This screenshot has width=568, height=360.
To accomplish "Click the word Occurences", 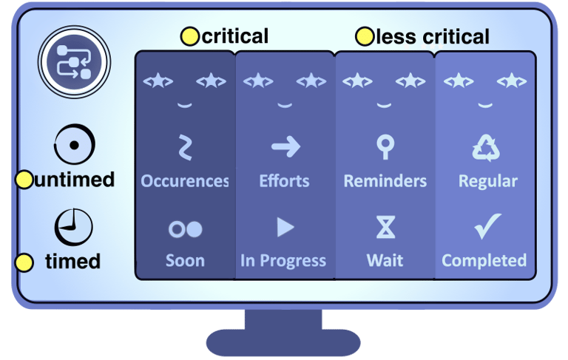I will click(x=185, y=181).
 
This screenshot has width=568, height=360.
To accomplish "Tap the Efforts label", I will click(x=285, y=181).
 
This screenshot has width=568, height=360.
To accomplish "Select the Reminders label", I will click(x=385, y=181).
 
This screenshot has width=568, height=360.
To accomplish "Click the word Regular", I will click(x=487, y=181).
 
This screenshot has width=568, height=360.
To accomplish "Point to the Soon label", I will click(x=185, y=260).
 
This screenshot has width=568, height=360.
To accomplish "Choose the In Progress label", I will click(x=283, y=260).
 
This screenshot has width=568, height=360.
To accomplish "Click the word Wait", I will click(x=385, y=260).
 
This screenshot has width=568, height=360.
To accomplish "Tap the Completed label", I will click(x=484, y=260).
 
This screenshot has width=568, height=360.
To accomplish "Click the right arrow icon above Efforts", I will click(x=285, y=147).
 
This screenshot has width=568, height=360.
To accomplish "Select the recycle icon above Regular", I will click(x=486, y=148).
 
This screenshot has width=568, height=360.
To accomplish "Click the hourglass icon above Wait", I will click(x=385, y=228).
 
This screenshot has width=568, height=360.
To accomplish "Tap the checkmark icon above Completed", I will click(x=487, y=225).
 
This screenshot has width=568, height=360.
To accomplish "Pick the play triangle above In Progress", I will click(x=285, y=227).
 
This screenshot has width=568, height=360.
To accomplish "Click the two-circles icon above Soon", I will click(x=186, y=228).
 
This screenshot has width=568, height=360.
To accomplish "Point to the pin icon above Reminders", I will click(x=385, y=147).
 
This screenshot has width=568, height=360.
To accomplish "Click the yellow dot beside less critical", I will click(x=365, y=35).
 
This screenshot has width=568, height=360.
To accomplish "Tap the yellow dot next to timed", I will click(x=24, y=262).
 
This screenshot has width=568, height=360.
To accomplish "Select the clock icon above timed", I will click(x=74, y=227).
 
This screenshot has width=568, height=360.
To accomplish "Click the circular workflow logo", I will click(x=74, y=63).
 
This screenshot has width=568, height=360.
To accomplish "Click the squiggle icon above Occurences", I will click(x=186, y=147).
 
